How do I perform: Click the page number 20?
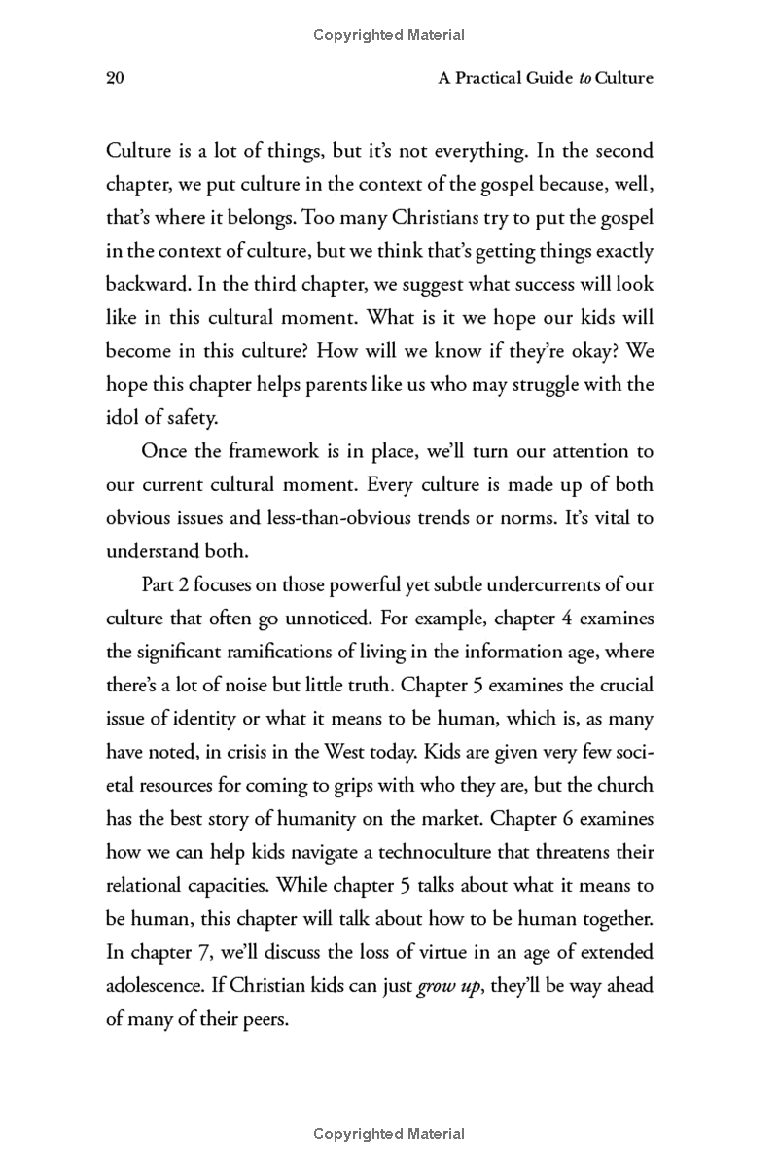tap(115, 78)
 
